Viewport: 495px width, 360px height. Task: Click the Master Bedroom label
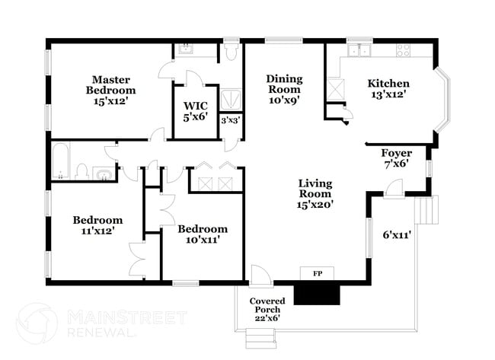point(112,90)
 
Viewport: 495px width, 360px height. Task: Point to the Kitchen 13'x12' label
point(388,89)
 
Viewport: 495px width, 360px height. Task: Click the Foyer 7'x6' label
point(396,158)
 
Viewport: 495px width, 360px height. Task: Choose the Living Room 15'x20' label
point(315,193)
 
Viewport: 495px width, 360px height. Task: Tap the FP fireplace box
point(316,272)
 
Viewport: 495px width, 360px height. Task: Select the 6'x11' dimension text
point(397,234)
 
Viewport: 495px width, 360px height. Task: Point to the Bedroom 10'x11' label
point(203,234)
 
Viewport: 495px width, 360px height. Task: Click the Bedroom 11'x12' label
point(97,225)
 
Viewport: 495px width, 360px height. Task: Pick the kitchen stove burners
point(404,50)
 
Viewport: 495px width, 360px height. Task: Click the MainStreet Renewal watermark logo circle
point(37,323)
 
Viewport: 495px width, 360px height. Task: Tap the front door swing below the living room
point(259,274)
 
